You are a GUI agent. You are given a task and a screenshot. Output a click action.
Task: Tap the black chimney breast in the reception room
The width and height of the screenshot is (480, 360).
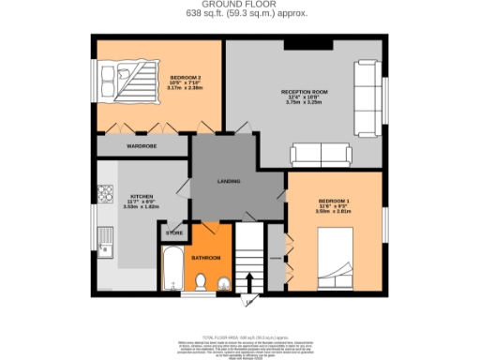coord(305,44)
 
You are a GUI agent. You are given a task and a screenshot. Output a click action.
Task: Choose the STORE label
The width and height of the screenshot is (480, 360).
coord(174,232)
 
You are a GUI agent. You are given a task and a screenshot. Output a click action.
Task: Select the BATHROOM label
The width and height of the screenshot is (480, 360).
coord(207,258)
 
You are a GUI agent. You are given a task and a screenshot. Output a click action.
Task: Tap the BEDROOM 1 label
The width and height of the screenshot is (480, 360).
coord(334,202)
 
